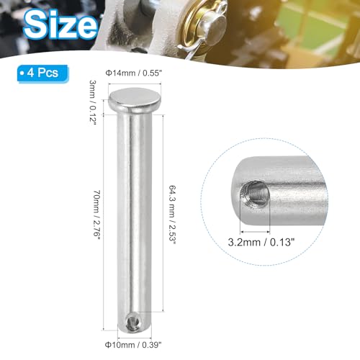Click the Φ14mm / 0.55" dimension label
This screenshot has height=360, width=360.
(134, 73)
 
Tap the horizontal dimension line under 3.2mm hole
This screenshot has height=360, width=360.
(254, 230)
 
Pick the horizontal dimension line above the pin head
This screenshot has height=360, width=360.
(134, 84)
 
